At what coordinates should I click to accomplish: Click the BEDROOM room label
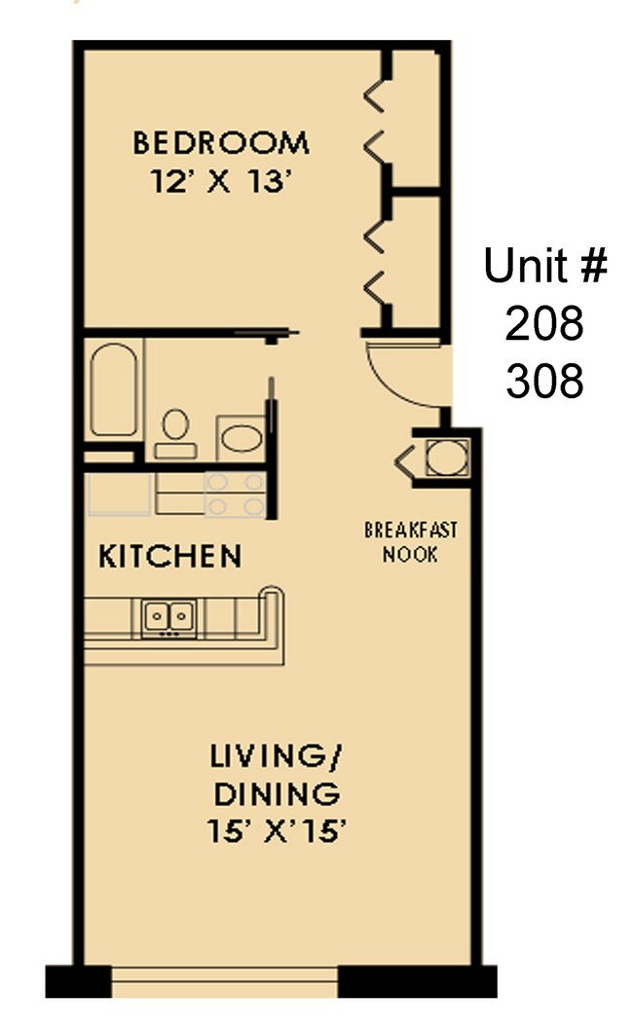click(221, 143)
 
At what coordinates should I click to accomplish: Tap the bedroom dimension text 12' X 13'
click(221, 182)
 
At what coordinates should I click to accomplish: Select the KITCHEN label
click(170, 557)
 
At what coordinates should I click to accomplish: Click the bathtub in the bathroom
click(113, 388)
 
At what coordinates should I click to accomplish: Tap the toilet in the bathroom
click(175, 431)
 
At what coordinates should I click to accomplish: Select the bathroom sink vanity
click(240, 437)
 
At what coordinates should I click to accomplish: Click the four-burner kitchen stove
click(235, 495)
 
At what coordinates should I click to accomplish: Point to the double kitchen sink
click(169, 617)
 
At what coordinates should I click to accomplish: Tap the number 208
click(544, 323)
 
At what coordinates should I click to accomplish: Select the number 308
click(544, 382)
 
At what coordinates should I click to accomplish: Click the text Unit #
click(545, 265)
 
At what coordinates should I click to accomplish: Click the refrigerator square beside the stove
click(118, 495)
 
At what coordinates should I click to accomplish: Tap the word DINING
click(277, 793)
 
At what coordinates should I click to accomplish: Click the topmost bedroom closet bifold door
click(374, 95)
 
